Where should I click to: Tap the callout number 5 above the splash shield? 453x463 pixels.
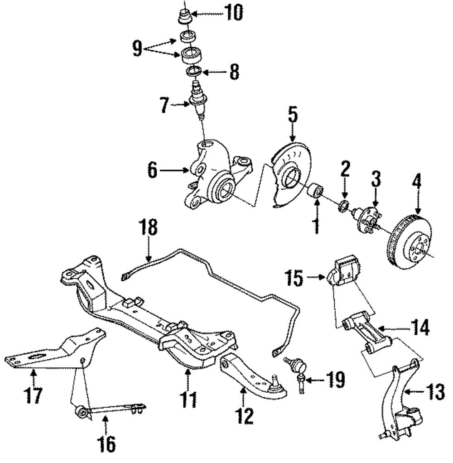(x=293, y=116)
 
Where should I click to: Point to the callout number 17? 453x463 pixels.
(x=34, y=395)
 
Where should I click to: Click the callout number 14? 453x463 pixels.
(x=419, y=327)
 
